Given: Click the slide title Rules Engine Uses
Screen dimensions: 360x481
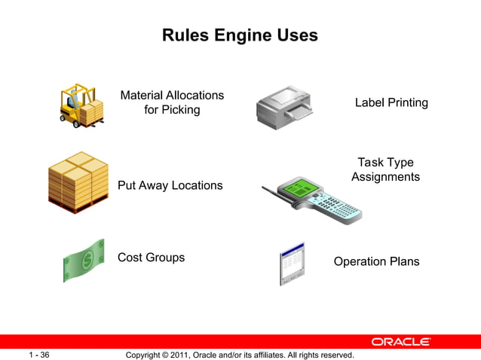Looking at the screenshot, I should [240, 35].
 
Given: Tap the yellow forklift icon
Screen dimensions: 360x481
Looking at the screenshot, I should [81, 105].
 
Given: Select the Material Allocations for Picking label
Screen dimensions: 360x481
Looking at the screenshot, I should [172, 102].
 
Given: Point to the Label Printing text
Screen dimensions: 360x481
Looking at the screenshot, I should [391, 102].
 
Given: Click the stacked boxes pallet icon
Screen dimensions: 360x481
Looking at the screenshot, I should [78, 183].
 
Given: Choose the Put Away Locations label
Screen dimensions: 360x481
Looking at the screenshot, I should [170, 185].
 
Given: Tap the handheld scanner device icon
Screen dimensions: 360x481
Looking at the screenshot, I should [317, 197].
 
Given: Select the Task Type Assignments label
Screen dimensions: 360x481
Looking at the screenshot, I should [385, 169].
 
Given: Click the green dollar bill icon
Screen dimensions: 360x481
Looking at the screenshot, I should [83, 259].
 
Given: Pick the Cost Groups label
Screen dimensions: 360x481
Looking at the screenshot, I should [151, 258].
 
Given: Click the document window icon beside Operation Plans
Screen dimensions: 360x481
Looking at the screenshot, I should [291, 264].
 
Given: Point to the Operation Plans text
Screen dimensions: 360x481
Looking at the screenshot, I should [376, 262].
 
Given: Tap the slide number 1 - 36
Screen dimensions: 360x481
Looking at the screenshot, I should [39, 354].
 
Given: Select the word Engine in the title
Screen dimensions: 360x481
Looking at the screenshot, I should [241, 35].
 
